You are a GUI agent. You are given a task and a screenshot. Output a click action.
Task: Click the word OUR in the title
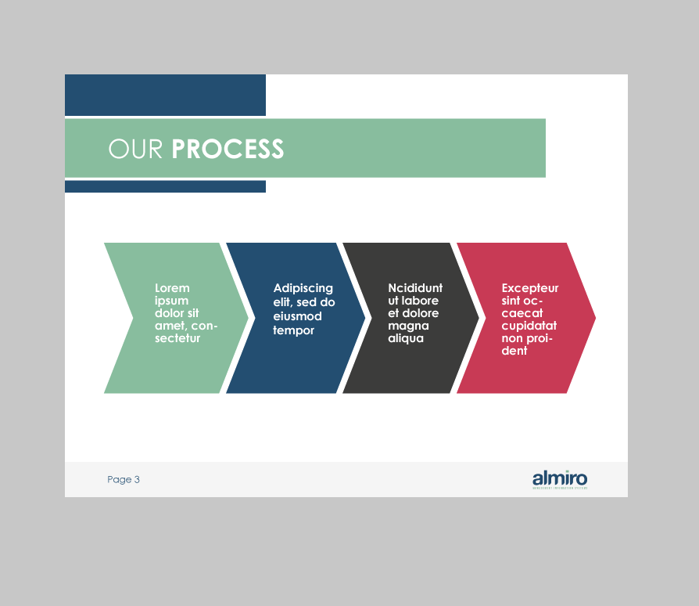[137, 149]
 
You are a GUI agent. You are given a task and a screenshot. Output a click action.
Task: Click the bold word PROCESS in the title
[228, 149]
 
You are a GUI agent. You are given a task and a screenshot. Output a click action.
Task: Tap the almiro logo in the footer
[560, 479]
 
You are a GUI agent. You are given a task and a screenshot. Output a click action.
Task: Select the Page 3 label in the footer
[124, 479]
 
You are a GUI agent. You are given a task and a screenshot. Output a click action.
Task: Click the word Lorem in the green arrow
[172, 288]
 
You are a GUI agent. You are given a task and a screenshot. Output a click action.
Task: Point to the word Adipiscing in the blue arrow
[303, 288]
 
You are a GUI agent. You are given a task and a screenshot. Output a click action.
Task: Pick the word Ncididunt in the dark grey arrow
[415, 288]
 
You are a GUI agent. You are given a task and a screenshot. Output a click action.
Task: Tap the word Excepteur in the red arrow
[530, 288]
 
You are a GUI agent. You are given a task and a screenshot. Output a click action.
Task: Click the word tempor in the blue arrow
[293, 330]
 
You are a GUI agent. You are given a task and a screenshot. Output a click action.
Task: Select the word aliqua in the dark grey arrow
[406, 338]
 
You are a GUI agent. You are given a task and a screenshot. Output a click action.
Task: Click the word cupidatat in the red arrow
[529, 326]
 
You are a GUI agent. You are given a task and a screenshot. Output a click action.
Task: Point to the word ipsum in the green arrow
[171, 301]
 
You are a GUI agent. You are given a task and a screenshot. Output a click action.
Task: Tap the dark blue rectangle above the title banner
[165, 95]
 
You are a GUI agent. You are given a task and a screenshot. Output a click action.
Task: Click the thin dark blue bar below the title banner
[165, 186]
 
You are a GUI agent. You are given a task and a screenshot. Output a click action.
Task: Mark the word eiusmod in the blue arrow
[297, 316]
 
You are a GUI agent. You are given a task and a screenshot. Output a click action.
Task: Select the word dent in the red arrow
[514, 351]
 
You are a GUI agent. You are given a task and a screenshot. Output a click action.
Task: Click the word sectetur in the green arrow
[177, 338]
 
